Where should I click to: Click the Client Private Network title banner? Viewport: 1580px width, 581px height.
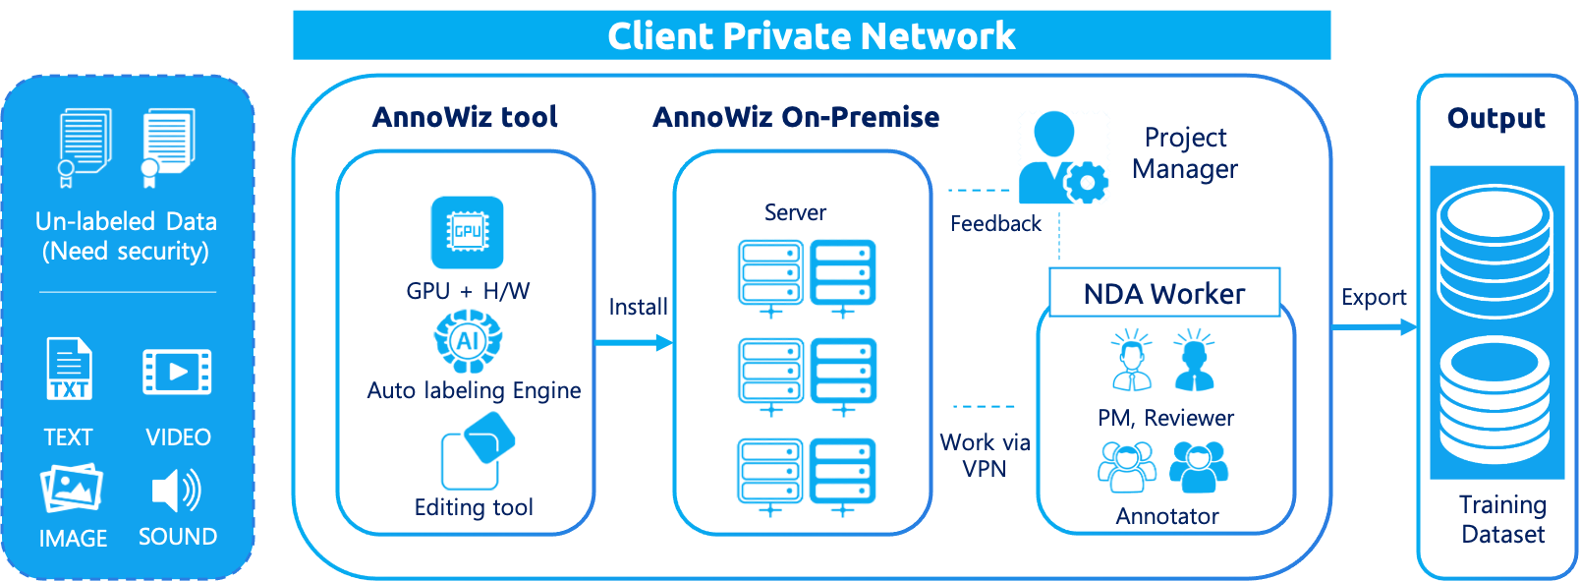812,35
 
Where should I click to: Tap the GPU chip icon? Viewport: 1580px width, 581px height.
467,232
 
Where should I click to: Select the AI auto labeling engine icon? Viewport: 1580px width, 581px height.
468,340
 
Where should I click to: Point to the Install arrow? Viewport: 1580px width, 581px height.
634,342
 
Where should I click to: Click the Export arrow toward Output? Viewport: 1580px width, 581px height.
1374,326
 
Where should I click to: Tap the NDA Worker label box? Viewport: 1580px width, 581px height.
1164,293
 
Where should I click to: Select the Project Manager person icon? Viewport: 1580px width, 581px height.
1062,157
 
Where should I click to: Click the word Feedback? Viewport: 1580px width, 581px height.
994,223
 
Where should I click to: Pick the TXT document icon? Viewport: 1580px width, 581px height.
69,369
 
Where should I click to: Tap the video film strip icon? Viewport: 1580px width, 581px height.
177,372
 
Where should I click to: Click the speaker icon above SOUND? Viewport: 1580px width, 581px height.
177,490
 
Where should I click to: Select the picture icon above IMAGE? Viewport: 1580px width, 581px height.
72,488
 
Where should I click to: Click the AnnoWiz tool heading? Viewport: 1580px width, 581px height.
465,116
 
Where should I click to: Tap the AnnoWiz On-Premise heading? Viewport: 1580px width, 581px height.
796,116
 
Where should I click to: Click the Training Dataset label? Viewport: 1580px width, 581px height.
1502,519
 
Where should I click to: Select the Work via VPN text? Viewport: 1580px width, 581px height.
985,455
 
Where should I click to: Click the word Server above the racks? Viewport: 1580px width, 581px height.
795,212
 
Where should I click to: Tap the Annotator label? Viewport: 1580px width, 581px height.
1167,515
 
